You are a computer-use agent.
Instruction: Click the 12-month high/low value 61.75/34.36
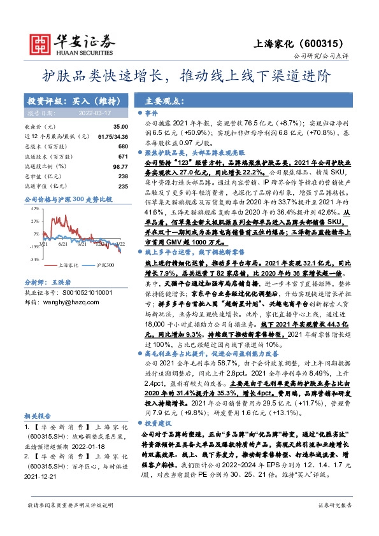(x=113, y=137)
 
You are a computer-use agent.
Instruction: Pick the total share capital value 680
(x=123, y=146)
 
